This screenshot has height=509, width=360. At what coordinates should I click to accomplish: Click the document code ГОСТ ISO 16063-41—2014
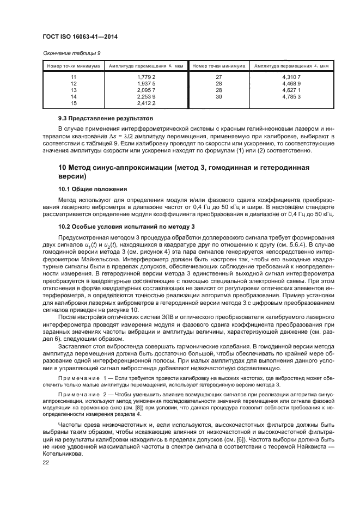[x=81, y=37]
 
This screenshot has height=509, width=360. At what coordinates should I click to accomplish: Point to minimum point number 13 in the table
[x=74, y=90]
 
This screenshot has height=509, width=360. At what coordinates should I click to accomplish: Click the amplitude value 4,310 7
[x=292, y=78]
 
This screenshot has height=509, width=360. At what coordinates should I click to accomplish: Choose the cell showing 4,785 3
[x=292, y=96]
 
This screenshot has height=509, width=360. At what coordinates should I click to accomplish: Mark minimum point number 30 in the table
[x=219, y=96]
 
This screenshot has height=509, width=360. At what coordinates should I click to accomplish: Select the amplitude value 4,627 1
[x=292, y=90]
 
